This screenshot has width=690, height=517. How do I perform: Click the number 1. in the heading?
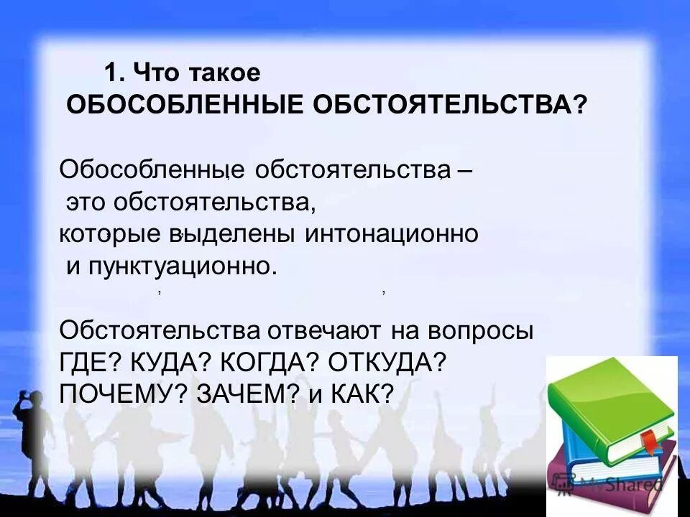tap(115, 73)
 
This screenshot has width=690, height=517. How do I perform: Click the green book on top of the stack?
tap(611, 399)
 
